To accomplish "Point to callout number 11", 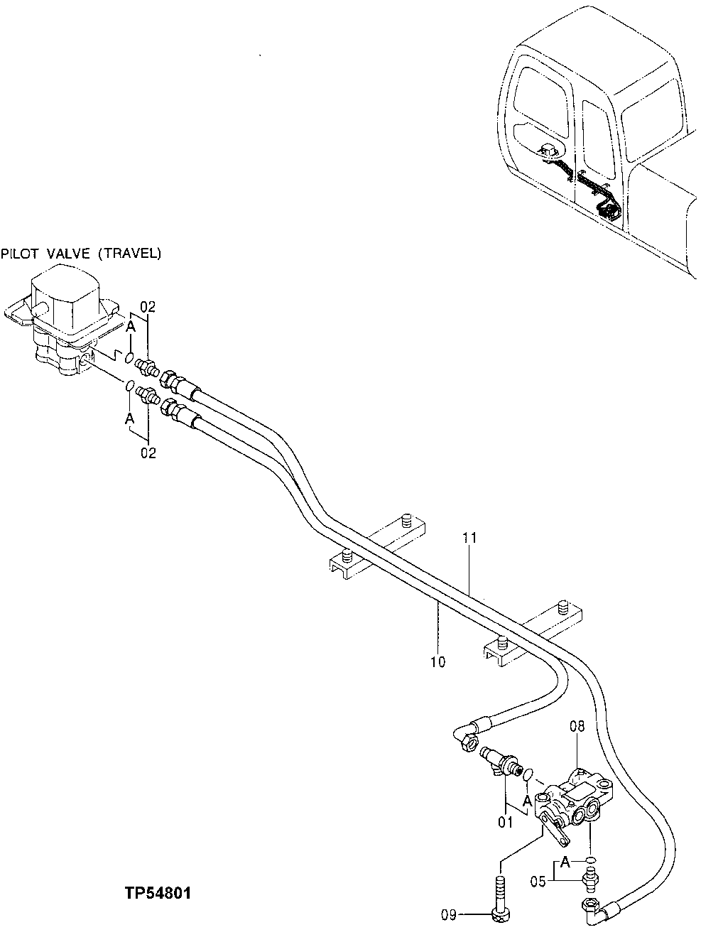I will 469,539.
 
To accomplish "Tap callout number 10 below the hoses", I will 437,662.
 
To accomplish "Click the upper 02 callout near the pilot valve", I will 148,306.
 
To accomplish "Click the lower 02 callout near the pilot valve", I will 148,453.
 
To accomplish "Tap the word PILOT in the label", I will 18,253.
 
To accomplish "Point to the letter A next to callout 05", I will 565,862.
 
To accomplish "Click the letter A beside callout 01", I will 526,800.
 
